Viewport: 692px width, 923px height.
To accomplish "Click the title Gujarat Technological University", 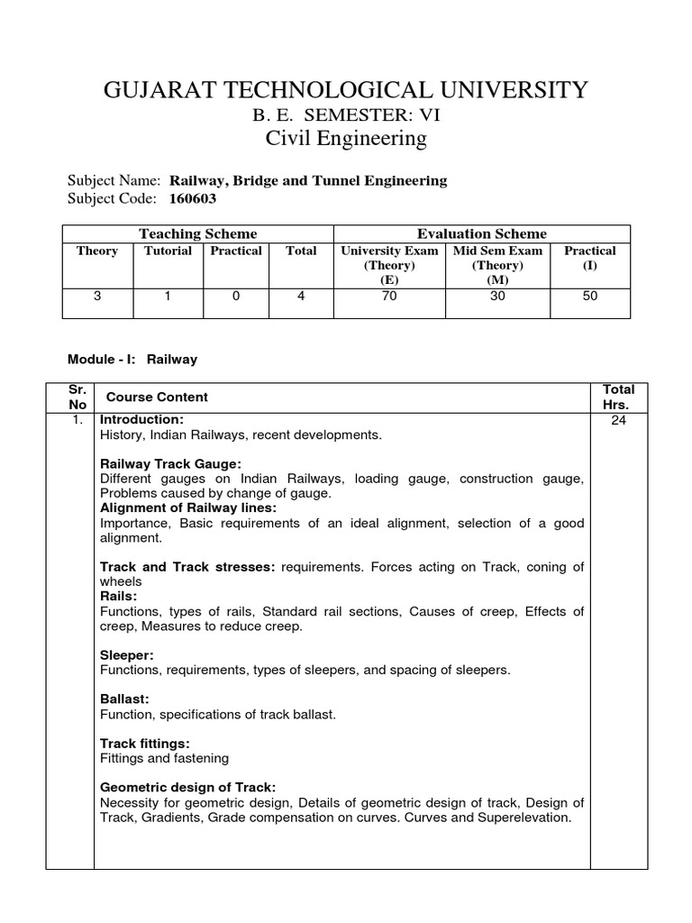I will (346, 89).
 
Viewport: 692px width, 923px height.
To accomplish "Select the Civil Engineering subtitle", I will (346, 138).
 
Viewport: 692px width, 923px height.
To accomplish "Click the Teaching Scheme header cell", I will (197, 233).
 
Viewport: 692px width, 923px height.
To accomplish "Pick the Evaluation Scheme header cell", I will (481, 233).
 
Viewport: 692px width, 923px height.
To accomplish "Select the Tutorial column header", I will (168, 251).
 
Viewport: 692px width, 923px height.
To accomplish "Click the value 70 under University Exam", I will (389, 296).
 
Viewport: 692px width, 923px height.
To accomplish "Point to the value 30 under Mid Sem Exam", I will (497, 296).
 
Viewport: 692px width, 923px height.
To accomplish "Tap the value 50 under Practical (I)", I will (590, 296).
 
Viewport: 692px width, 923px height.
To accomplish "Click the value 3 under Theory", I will (97, 296).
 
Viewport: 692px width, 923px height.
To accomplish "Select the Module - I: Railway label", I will (132, 359).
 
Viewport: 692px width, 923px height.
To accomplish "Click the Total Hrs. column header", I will (618, 397).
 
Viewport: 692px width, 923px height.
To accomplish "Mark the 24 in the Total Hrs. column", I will (618, 420).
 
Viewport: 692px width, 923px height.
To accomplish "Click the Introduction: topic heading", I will (141, 420).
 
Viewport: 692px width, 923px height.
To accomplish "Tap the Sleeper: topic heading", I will (127, 655).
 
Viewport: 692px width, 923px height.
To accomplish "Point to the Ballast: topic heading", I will (124, 699).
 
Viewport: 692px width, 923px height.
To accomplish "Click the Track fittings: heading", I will (145, 743).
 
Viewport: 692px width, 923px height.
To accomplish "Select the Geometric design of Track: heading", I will (188, 787).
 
